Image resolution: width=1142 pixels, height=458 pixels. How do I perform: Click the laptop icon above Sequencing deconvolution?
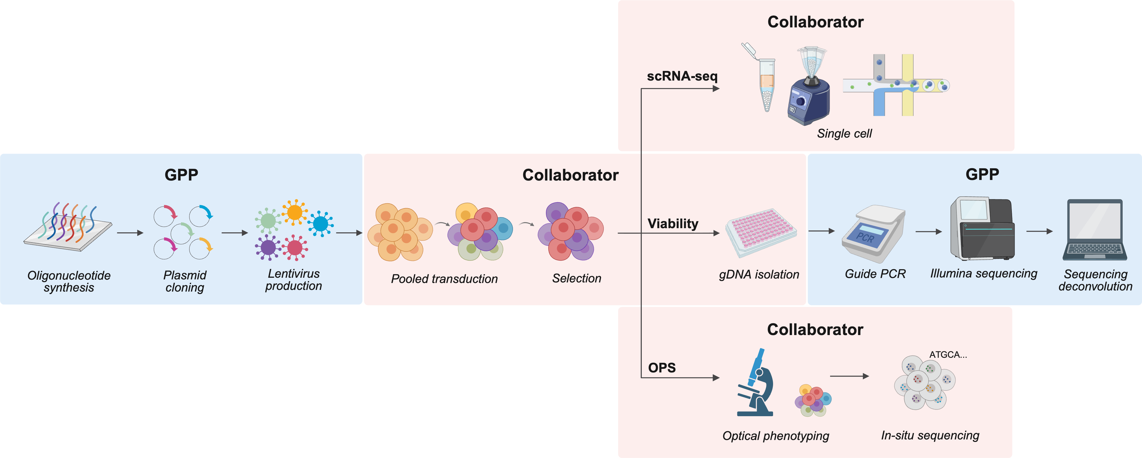click(1095, 229)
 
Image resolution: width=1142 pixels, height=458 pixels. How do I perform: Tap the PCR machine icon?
click(873, 234)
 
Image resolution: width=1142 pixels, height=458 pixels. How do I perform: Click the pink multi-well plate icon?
click(761, 232)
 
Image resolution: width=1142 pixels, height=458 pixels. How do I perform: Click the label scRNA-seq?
click(682, 76)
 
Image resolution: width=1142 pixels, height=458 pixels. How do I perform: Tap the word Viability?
click(673, 223)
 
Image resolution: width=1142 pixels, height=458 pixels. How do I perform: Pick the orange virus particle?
click(294, 212)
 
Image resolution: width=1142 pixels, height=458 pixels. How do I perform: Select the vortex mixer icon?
click(809, 89)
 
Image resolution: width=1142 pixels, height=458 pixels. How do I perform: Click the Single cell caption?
click(844, 133)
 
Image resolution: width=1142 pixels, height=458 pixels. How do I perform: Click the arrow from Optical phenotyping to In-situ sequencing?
click(849, 376)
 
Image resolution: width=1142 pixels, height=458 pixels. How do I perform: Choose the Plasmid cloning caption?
click(185, 281)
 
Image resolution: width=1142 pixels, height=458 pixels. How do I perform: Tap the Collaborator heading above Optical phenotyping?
click(815, 330)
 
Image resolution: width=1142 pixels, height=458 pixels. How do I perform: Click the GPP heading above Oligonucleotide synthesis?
click(181, 175)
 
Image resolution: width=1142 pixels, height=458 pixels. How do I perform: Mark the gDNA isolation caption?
click(759, 274)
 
